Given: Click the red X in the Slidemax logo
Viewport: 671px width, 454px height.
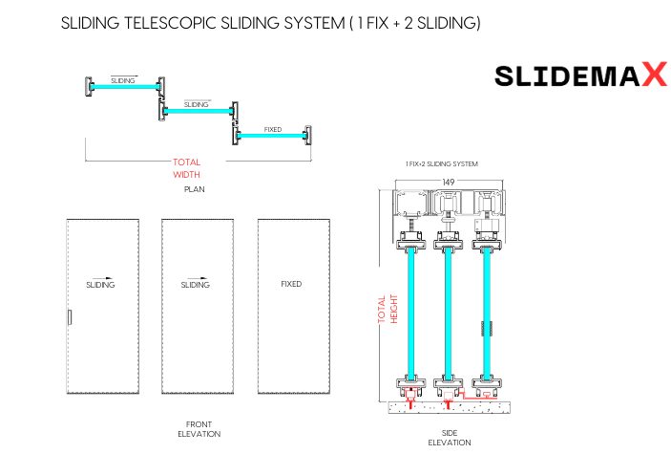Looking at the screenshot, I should coord(653,76).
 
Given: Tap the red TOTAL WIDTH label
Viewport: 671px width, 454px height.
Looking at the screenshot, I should coord(186,168).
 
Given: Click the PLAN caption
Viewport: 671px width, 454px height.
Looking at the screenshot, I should coord(195,189).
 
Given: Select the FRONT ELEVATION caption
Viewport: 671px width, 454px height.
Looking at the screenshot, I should coord(199,428).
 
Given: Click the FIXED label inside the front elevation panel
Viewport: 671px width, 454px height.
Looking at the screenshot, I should coord(291,284).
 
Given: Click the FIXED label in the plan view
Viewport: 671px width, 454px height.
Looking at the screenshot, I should coord(273,128).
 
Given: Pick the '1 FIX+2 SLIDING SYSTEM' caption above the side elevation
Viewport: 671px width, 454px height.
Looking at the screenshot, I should coord(441,164).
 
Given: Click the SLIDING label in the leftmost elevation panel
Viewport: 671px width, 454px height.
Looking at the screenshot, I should coord(100,285).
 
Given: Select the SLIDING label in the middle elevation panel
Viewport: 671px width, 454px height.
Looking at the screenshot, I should coord(195,285).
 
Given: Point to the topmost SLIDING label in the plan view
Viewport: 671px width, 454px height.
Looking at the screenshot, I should coord(123,81).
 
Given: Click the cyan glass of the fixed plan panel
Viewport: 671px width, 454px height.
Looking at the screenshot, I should coord(272,137).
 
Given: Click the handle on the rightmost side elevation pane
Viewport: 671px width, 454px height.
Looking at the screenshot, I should coord(482,328).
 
